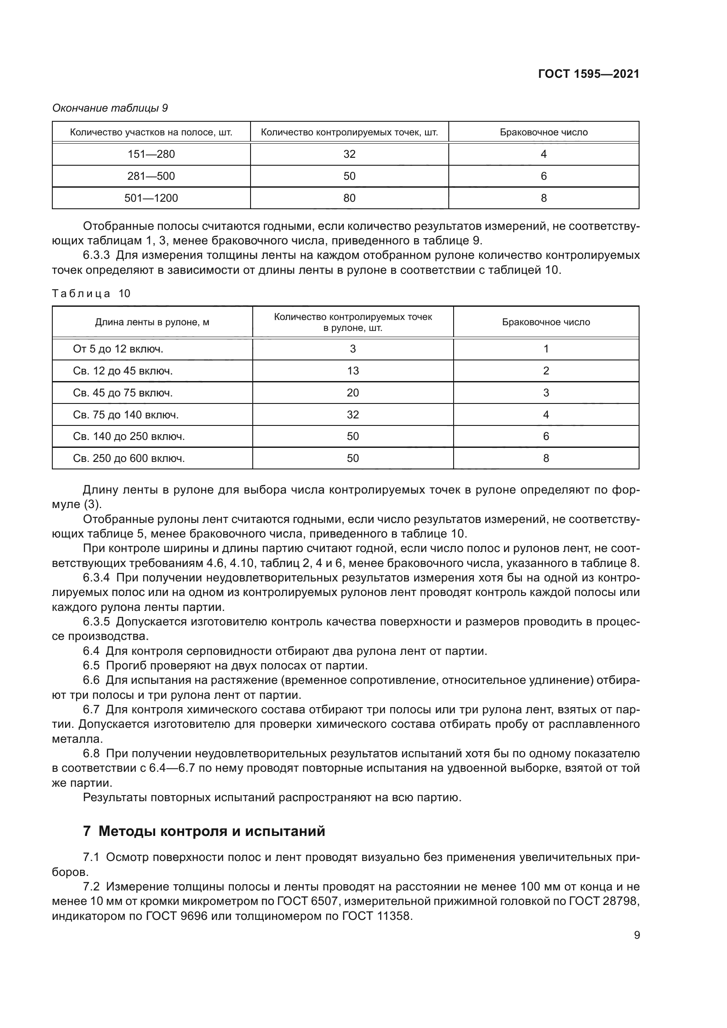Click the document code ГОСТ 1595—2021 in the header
pyautogui.click(x=588, y=74)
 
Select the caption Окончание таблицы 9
pyautogui.click(x=110, y=108)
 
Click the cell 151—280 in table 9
pyautogui.click(x=151, y=154)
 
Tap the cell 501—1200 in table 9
pyautogui.click(x=151, y=198)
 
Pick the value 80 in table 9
pyautogui.click(x=349, y=198)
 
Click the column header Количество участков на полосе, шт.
pyautogui.click(x=151, y=133)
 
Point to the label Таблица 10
pyautogui.click(x=91, y=294)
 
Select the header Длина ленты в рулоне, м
pyautogui.click(x=152, y=322)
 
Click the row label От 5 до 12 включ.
pyautogui.click(x=118, y=349)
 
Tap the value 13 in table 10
pyautogui.click(x=353, y=371)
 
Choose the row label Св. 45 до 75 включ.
pyautogui.click(x=123, y=392)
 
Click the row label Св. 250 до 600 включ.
pyautogui.click(x=129, y=458)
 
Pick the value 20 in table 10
pyautogui.click(x=353, y=392)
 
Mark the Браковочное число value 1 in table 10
pyautogui.click(x=546, y=349)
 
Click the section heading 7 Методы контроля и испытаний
pyautogui.click(x=204, y=832)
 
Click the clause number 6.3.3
pyautogui.click(x=96, y=256)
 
